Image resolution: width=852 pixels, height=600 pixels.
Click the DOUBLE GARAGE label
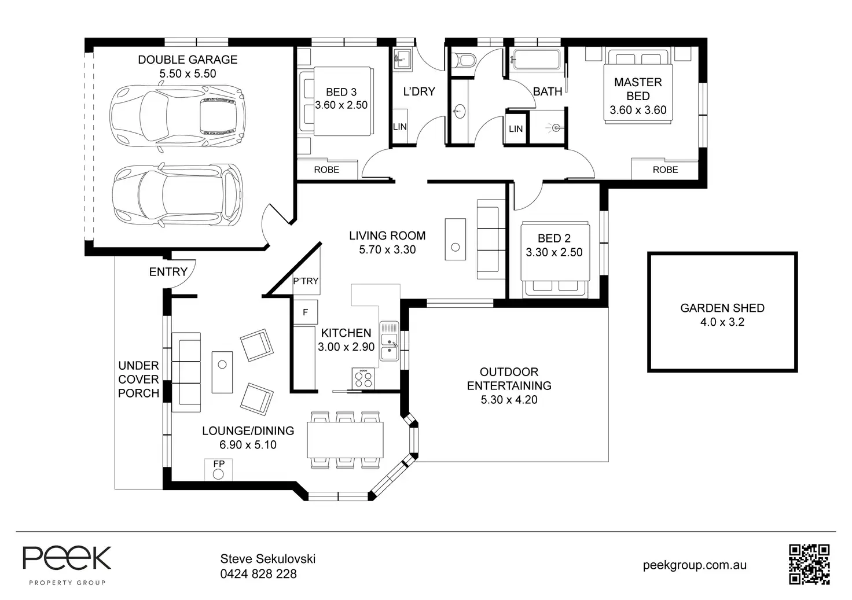188,60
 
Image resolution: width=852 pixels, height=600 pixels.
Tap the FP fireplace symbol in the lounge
218,470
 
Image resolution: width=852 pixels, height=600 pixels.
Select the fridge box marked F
306,312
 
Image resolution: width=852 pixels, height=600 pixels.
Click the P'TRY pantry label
306,281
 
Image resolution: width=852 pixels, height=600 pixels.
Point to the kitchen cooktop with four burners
363,378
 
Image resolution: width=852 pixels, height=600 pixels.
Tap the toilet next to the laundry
464,60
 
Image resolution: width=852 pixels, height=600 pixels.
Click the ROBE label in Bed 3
326,170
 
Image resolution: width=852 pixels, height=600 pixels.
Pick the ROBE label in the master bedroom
665,170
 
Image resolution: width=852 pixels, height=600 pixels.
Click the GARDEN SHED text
722,308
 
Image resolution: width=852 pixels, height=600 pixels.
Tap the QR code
809,564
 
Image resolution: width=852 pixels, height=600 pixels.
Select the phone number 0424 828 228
258,574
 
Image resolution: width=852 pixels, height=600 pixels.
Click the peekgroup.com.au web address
695,565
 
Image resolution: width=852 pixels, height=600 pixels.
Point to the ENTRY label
168,272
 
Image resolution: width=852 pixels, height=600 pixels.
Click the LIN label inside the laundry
400,127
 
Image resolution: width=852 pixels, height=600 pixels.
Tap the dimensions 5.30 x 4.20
509,400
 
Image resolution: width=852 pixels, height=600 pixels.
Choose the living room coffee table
456,239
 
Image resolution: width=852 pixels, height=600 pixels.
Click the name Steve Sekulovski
268,558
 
